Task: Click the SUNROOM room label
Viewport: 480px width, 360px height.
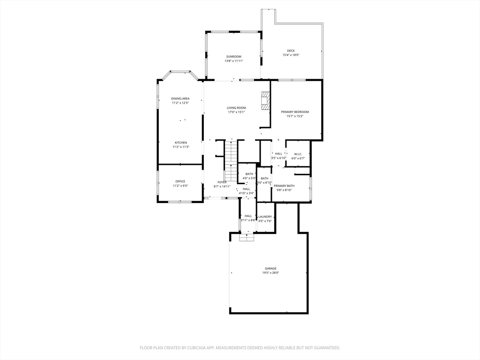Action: pyautogui.click(x=233, y=57)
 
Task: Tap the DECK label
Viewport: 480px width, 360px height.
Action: pyautogui.click(x=291, y=51)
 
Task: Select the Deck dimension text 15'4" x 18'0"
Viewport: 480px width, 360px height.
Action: pyautogui.click(x=291, y=55)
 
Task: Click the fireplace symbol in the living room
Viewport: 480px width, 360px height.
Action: pyautogui.click(x=266, y=101)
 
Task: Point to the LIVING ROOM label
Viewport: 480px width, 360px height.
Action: pyautogui.click(x=236, y=108)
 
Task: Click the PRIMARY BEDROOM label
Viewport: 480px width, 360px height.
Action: pyautogui.click(x=295, y=112)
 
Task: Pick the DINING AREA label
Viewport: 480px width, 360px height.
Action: pyautogui.click(x=180, y=98)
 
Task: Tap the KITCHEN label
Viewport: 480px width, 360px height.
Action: pyautogui.click(x=181, y=142)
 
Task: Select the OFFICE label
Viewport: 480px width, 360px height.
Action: pyautogui.click(x=180, y=181)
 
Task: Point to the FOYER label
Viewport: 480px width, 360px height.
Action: pyautogui.click(x=222, y=182)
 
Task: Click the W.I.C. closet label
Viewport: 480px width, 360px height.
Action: pyautogui.click(x=298, y=154)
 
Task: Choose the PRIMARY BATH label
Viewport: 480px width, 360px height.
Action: pyautogui.click(x=284, y=186)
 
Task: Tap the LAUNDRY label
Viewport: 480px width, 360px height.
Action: pyautogui.click(x=265, y=217)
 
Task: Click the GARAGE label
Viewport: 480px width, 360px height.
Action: pyautogui.click(x=270, y=269)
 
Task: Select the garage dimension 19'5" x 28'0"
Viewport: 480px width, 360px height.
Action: pyautogui.click(x=270, y=273)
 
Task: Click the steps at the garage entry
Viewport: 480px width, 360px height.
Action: pyautogui.click(x=246, y=238)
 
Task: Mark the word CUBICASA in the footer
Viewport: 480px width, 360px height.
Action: pyautogui.click(x=193, y=348)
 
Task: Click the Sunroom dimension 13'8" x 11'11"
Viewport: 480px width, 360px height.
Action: pyautogui.click(x=233, y=61)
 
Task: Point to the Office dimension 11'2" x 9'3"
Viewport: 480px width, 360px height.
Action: pyautogui.click(x=180, y=186)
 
